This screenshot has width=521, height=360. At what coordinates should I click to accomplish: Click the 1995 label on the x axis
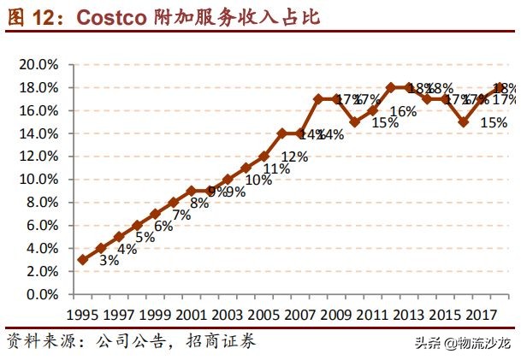tap(82, 312)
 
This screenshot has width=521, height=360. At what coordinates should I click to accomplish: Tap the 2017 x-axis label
tap(484, 312)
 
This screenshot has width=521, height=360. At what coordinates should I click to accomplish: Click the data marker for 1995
tap(82, 259)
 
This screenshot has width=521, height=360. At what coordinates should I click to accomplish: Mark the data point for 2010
tap(355, 122)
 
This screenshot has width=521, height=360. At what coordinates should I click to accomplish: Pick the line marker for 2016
tap(465, 122)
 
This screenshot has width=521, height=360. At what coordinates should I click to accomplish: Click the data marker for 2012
tap(392, 88)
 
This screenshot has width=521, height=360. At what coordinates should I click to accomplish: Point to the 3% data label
tap(109, 261)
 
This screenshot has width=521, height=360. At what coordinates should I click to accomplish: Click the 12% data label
tap(294, 156)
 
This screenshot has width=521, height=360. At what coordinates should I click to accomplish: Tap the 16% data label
tap(403, 111)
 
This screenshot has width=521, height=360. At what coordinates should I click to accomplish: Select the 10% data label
tap(258, 180)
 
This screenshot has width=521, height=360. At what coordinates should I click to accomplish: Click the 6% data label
tap(163, 227)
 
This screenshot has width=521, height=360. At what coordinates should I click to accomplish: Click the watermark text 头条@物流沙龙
tap(462, 345)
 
